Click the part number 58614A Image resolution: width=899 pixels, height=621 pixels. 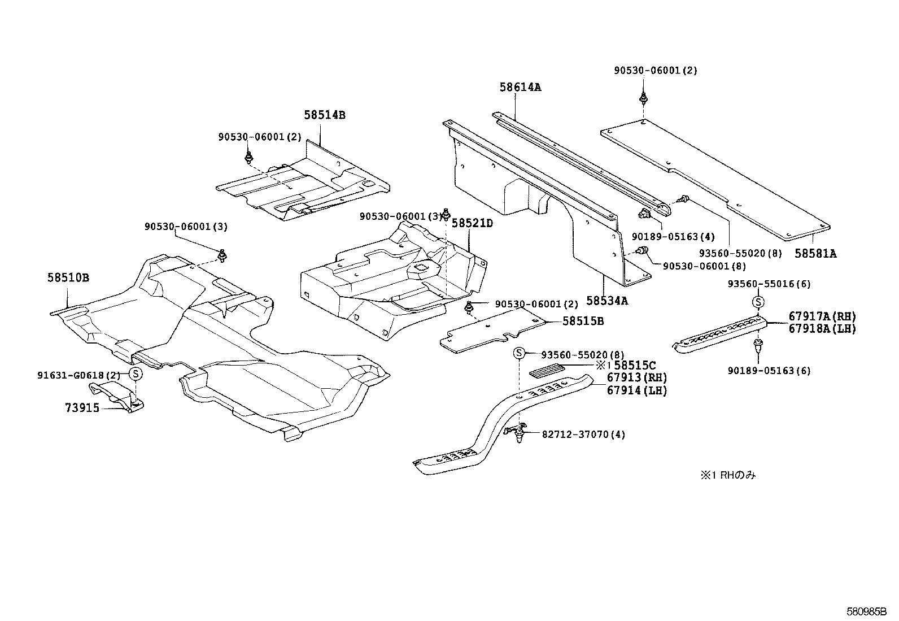pyautogui.click(x=520, y=87)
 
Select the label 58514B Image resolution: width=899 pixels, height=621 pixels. pyautogui.click(x=324, y=115)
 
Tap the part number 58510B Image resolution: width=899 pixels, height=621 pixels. pyautogui.click(x=68, y=278)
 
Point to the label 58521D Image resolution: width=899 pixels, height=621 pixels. pyautogui.click(x=472, y=223)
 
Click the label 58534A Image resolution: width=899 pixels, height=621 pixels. pyautogui.click(x=607, y=301)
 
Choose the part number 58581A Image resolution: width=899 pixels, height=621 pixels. pyautogui.click(x=815, y=254)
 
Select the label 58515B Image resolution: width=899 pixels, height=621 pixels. pyautogui.click(x=583, y=321)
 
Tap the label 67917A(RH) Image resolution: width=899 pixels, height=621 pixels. pyautogui.click(x=822, y=316)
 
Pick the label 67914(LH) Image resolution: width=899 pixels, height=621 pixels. pyautogui.click(x=637, y=390)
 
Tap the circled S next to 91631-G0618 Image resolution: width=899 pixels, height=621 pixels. pyautogui.click(x=136, y=374)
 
